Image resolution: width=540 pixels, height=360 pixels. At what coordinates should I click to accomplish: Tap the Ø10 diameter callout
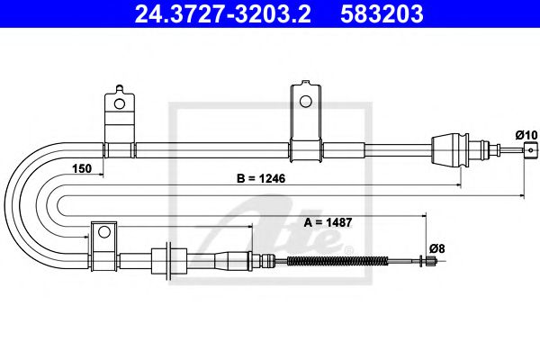tap(526, 135)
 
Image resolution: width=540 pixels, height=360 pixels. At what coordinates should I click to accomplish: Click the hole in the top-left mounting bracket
tap(116, 102)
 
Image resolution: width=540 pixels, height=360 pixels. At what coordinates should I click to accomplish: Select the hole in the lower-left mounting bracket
tap(103, 232)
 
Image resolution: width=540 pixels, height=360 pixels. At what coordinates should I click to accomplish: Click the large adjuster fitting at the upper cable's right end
tap(451, 148)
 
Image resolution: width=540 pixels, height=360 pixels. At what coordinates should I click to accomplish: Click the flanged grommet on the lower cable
tap(166, 262)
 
